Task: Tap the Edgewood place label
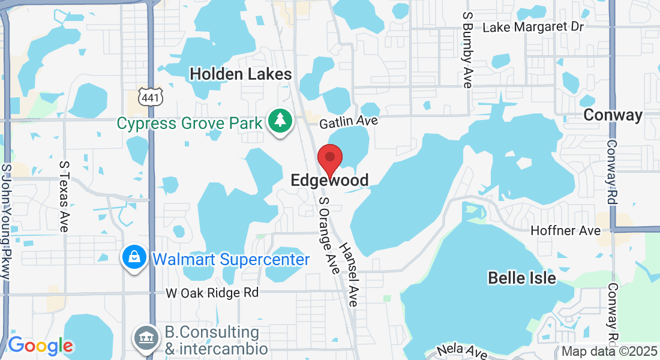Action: [x=329, y=180]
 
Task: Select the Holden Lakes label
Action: [x=241, y=74]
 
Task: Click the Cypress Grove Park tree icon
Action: [x=280, y=121]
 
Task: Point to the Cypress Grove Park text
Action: [x=190, y=124]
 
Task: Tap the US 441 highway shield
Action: [x=148, y=95]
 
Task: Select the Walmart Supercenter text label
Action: [x=231, y=259]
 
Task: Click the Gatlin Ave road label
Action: [x=349, y=122]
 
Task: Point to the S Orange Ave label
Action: [x=329, y=236]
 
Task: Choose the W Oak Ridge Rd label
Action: [x=212, y=293]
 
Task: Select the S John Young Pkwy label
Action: [x=7, y=222]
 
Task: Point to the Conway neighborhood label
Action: [x=613, y=115]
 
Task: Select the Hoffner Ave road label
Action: [x=566, y=231]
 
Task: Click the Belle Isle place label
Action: [x=522, y=278]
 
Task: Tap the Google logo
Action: [x=41, y=346]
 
